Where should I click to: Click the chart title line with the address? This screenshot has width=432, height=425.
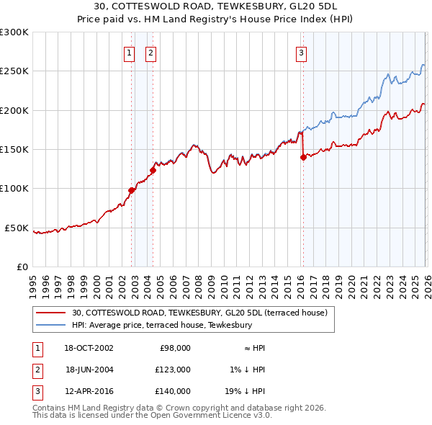(x=215, y=6)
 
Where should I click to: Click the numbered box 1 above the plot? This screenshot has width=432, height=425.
(x=129, y=52)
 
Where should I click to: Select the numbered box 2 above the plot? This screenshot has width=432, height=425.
(x=150, y=52)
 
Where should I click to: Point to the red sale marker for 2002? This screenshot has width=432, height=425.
(x=132, y=191)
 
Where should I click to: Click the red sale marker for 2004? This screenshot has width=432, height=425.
(x=153, y=171)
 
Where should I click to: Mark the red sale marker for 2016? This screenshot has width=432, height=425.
(x=303, y=158)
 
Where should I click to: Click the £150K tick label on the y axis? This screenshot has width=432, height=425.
(x=14, y=150)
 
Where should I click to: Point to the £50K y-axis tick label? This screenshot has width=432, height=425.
(x=17, y=228)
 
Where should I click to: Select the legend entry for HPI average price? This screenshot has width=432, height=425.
(x=161, y=325)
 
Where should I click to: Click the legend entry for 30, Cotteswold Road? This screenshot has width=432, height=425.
(x=199, y=313)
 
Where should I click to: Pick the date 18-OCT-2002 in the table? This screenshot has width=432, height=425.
(x=89, y=347)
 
